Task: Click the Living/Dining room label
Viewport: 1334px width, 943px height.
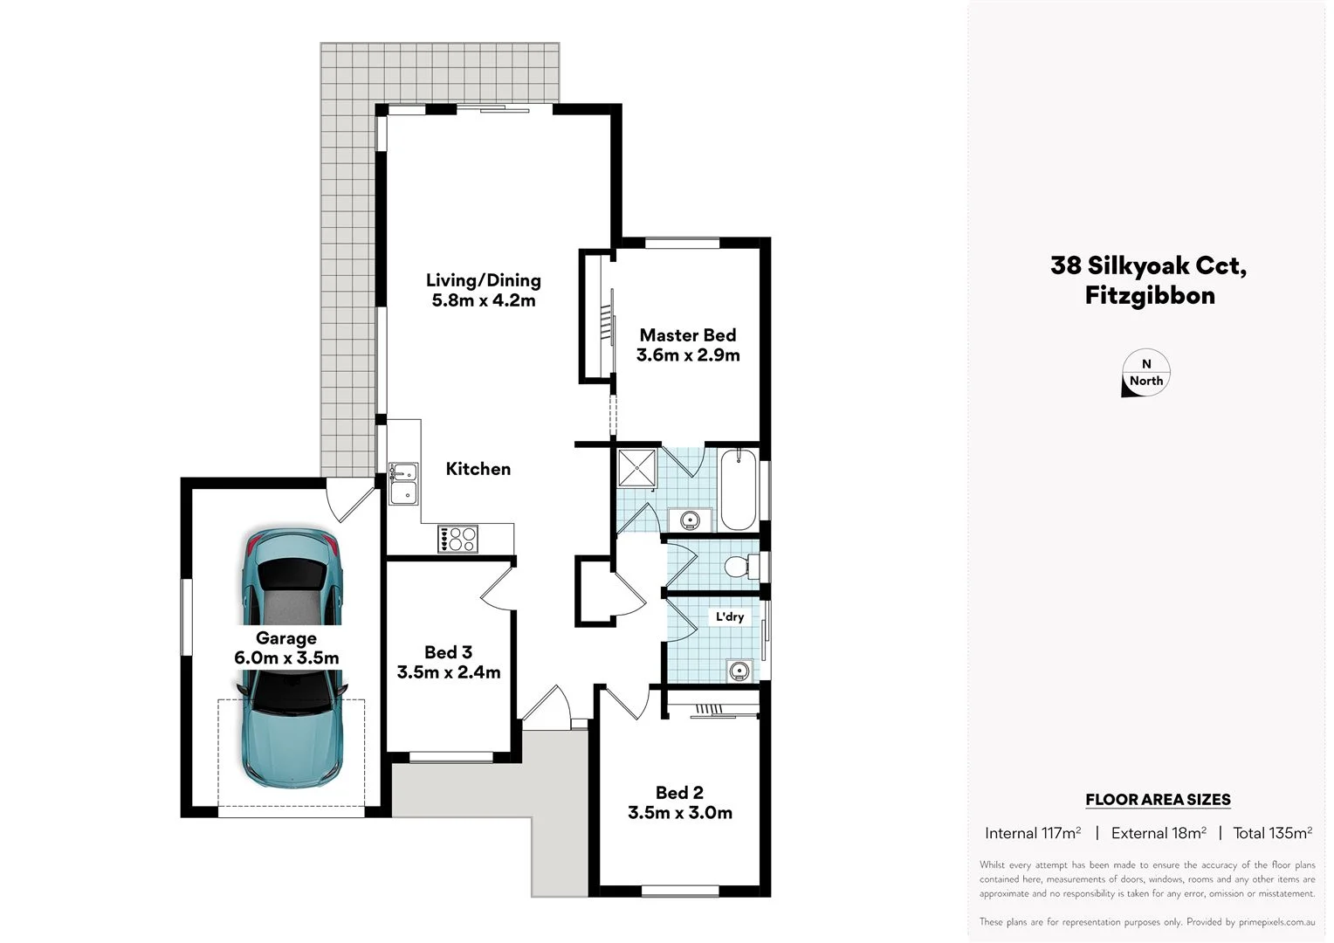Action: (483, 280)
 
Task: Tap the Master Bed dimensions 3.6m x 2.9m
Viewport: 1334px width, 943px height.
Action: (688, 355)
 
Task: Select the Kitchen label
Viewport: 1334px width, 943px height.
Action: (478, 469)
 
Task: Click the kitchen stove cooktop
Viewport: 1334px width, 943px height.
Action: (458, 538)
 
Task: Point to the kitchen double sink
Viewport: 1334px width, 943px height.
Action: (403, 484)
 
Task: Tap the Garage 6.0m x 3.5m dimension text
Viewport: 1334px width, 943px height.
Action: (286, 658)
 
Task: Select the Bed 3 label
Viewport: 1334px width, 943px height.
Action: (448, 652)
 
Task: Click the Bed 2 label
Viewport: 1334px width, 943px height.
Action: (679, 793)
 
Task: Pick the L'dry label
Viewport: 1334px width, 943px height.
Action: (730, 616)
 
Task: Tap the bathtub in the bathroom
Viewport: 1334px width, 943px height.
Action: (739, 489)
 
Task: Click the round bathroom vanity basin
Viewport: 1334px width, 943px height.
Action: (690, 520)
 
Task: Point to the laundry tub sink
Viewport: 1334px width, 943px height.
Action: (739, 671)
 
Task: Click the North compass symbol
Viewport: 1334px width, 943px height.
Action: (1145, 374)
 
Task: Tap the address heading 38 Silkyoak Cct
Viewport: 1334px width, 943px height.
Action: (1149, 265)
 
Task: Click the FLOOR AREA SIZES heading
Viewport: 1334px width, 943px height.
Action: (1158, 799)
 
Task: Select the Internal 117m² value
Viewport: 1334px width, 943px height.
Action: (1033, 833)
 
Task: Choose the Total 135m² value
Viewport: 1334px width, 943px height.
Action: (1272, 833)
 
